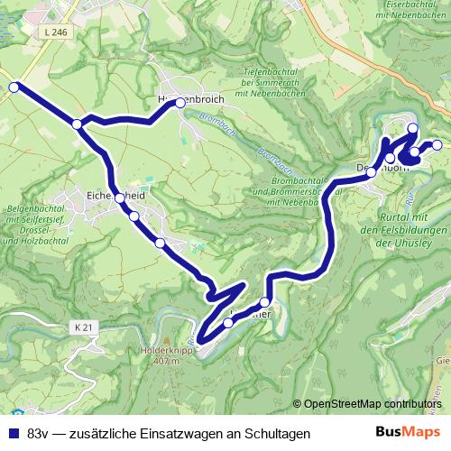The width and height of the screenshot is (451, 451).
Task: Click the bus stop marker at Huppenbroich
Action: pyautogui.click(x=180, y=103)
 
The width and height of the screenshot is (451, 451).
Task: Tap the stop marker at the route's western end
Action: pyautogui.click(x=14, y=87)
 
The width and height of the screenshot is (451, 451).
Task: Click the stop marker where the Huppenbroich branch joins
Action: pyautogui.click(x=78, y=124)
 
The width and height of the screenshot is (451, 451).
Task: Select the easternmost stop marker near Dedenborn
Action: pyautogui.click(x=437, y=144)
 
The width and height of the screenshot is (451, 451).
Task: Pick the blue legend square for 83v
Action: pyautogui.click(x=14, y=433)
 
